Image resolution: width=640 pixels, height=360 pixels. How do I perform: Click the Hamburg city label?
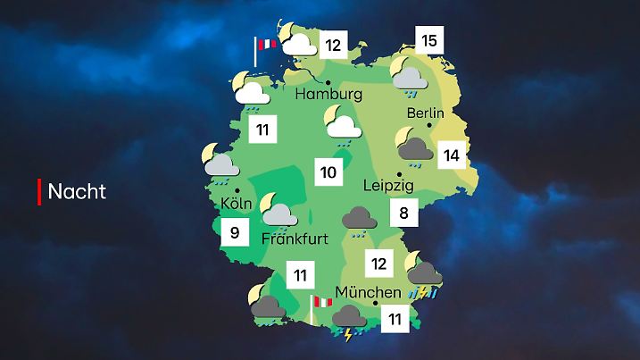328,94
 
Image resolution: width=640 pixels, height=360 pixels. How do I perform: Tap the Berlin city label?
425,113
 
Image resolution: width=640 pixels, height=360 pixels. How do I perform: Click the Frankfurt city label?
295,239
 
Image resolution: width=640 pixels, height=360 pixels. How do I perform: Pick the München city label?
368,292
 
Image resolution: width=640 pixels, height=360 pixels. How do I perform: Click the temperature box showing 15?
429,40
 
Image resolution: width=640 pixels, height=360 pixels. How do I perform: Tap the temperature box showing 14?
452,155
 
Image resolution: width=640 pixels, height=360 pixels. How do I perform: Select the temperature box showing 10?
328,172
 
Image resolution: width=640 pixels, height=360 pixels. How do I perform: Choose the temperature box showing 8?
404,213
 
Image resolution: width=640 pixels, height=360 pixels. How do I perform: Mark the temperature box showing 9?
235,234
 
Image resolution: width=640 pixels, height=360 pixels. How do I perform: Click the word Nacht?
77,191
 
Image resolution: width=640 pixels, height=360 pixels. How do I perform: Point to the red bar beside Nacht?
39,190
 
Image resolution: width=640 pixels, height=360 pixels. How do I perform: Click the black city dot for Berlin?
429,126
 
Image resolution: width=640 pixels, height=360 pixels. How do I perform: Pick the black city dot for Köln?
237,189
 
